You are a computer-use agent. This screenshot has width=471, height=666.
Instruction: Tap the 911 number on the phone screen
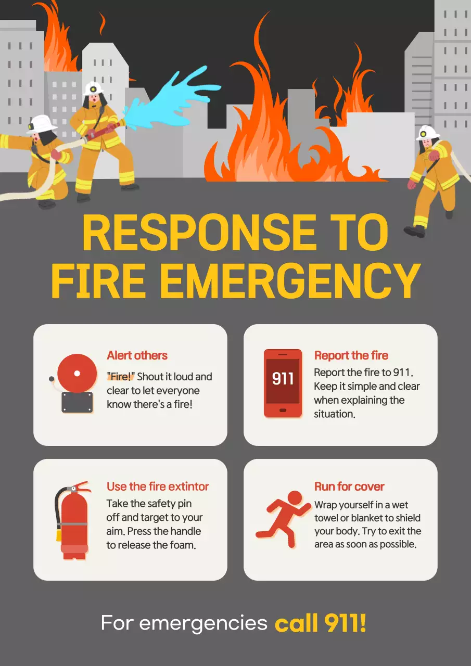(x=283, y=378)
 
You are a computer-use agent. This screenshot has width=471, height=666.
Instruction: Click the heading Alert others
(x=137, y=355)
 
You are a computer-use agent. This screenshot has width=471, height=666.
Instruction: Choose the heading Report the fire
(x=351, y=355)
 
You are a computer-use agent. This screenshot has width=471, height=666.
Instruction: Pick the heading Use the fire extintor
(x=158, y=486)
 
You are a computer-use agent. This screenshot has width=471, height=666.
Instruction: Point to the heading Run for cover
(x=349, y=486)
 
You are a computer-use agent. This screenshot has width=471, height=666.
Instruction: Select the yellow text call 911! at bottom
(x=321, y=623)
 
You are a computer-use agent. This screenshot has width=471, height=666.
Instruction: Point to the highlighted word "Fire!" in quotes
(x=121, y=377)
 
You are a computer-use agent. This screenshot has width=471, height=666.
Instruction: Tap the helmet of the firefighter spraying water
(x=94, y=87)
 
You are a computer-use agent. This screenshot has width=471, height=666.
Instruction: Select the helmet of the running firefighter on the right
(x=428, y=132)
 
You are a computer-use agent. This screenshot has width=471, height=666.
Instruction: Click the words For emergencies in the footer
(x=184, y=623)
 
